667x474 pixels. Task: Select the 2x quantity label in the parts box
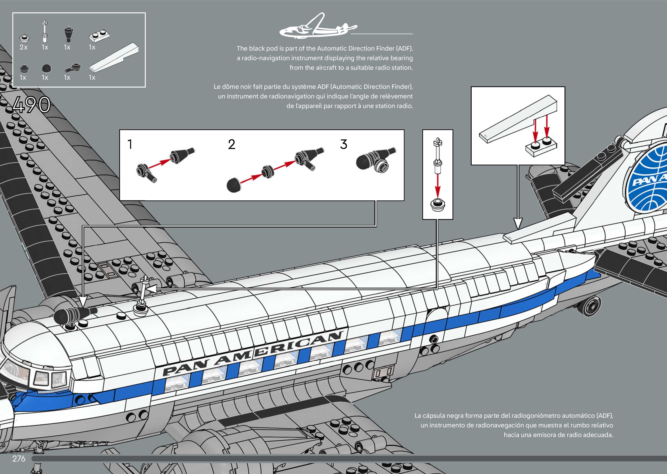pyautogui.click(x=24, y=47)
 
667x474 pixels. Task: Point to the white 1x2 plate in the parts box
pyautogui.click(x=99, y=36)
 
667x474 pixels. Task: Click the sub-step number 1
pyautogui.click(x=130, y=144)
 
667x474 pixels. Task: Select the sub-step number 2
pyautogui.click(x=232, y=144)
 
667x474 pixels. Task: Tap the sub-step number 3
pyautogui.click(x=344, y=144)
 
